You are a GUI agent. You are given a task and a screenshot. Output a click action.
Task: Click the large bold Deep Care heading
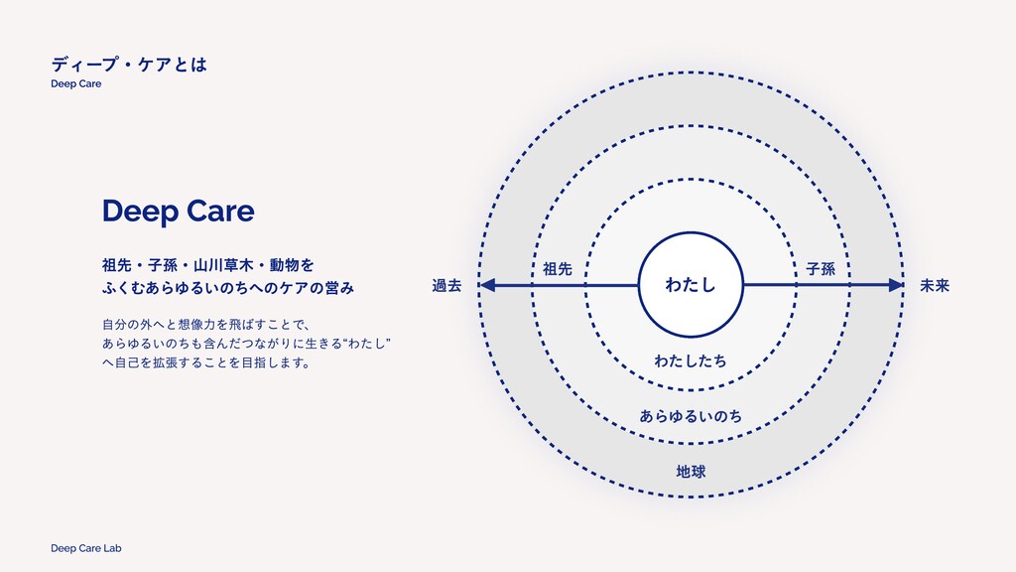tap(178, 212)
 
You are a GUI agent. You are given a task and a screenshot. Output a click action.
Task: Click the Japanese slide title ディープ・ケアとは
tap(129, 65)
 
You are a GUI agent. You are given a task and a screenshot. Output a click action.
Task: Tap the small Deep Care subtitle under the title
tap(76, 84)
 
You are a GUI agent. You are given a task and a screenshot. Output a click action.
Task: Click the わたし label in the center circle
tap(691, 286)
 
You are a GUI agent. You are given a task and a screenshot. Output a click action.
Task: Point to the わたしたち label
tap(691, 360)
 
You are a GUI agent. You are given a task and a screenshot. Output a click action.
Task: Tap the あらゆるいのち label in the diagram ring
tap(691, 415)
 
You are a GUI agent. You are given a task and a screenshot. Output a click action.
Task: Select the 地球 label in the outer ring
tap(691, 470)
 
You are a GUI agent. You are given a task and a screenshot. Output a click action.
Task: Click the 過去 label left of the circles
tap(447, 286)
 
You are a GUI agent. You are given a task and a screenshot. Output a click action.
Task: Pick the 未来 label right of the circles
tap(935, 286)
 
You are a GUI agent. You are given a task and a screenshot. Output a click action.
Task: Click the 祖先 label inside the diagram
tap(558, 269)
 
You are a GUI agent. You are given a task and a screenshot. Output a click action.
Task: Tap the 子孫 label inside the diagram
tap(821, 269)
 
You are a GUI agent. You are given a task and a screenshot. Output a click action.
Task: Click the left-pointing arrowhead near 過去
tap(488, 286)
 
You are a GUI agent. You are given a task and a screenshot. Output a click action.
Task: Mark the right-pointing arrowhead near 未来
tap(896, 286)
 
